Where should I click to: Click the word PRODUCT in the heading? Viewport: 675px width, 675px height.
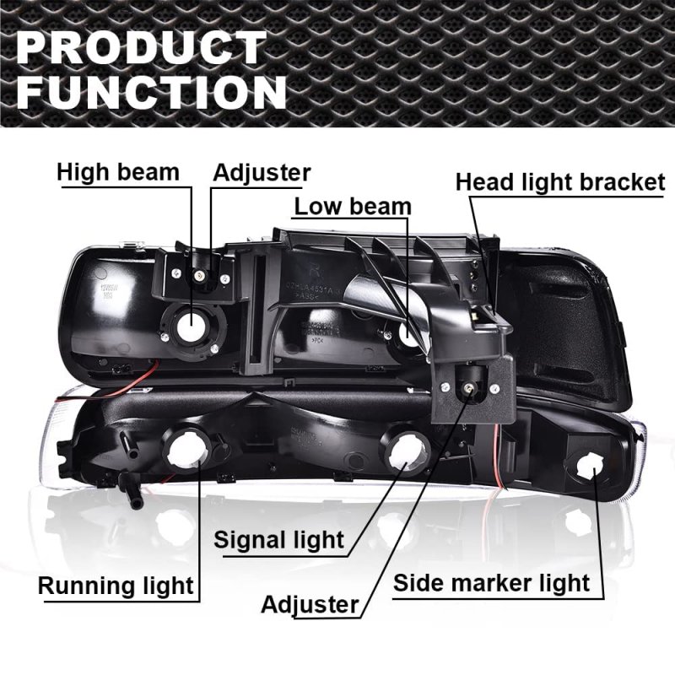pos(141,47)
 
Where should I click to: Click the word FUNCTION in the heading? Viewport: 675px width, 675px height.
pos(152,92)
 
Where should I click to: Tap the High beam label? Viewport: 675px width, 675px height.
pos(118,172)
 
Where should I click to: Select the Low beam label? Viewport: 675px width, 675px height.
pos(353,207)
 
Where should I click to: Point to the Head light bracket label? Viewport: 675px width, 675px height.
pos(560,182)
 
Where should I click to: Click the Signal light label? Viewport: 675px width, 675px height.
pos(279,540)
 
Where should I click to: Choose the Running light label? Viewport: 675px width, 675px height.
pos(116,586)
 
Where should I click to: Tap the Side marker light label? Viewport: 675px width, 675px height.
pos(491,583)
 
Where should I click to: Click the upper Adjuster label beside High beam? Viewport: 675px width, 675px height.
pos(262,173)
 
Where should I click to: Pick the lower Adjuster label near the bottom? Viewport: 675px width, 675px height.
pos(310,604)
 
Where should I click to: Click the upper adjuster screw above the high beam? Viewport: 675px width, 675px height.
pos(199,275)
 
